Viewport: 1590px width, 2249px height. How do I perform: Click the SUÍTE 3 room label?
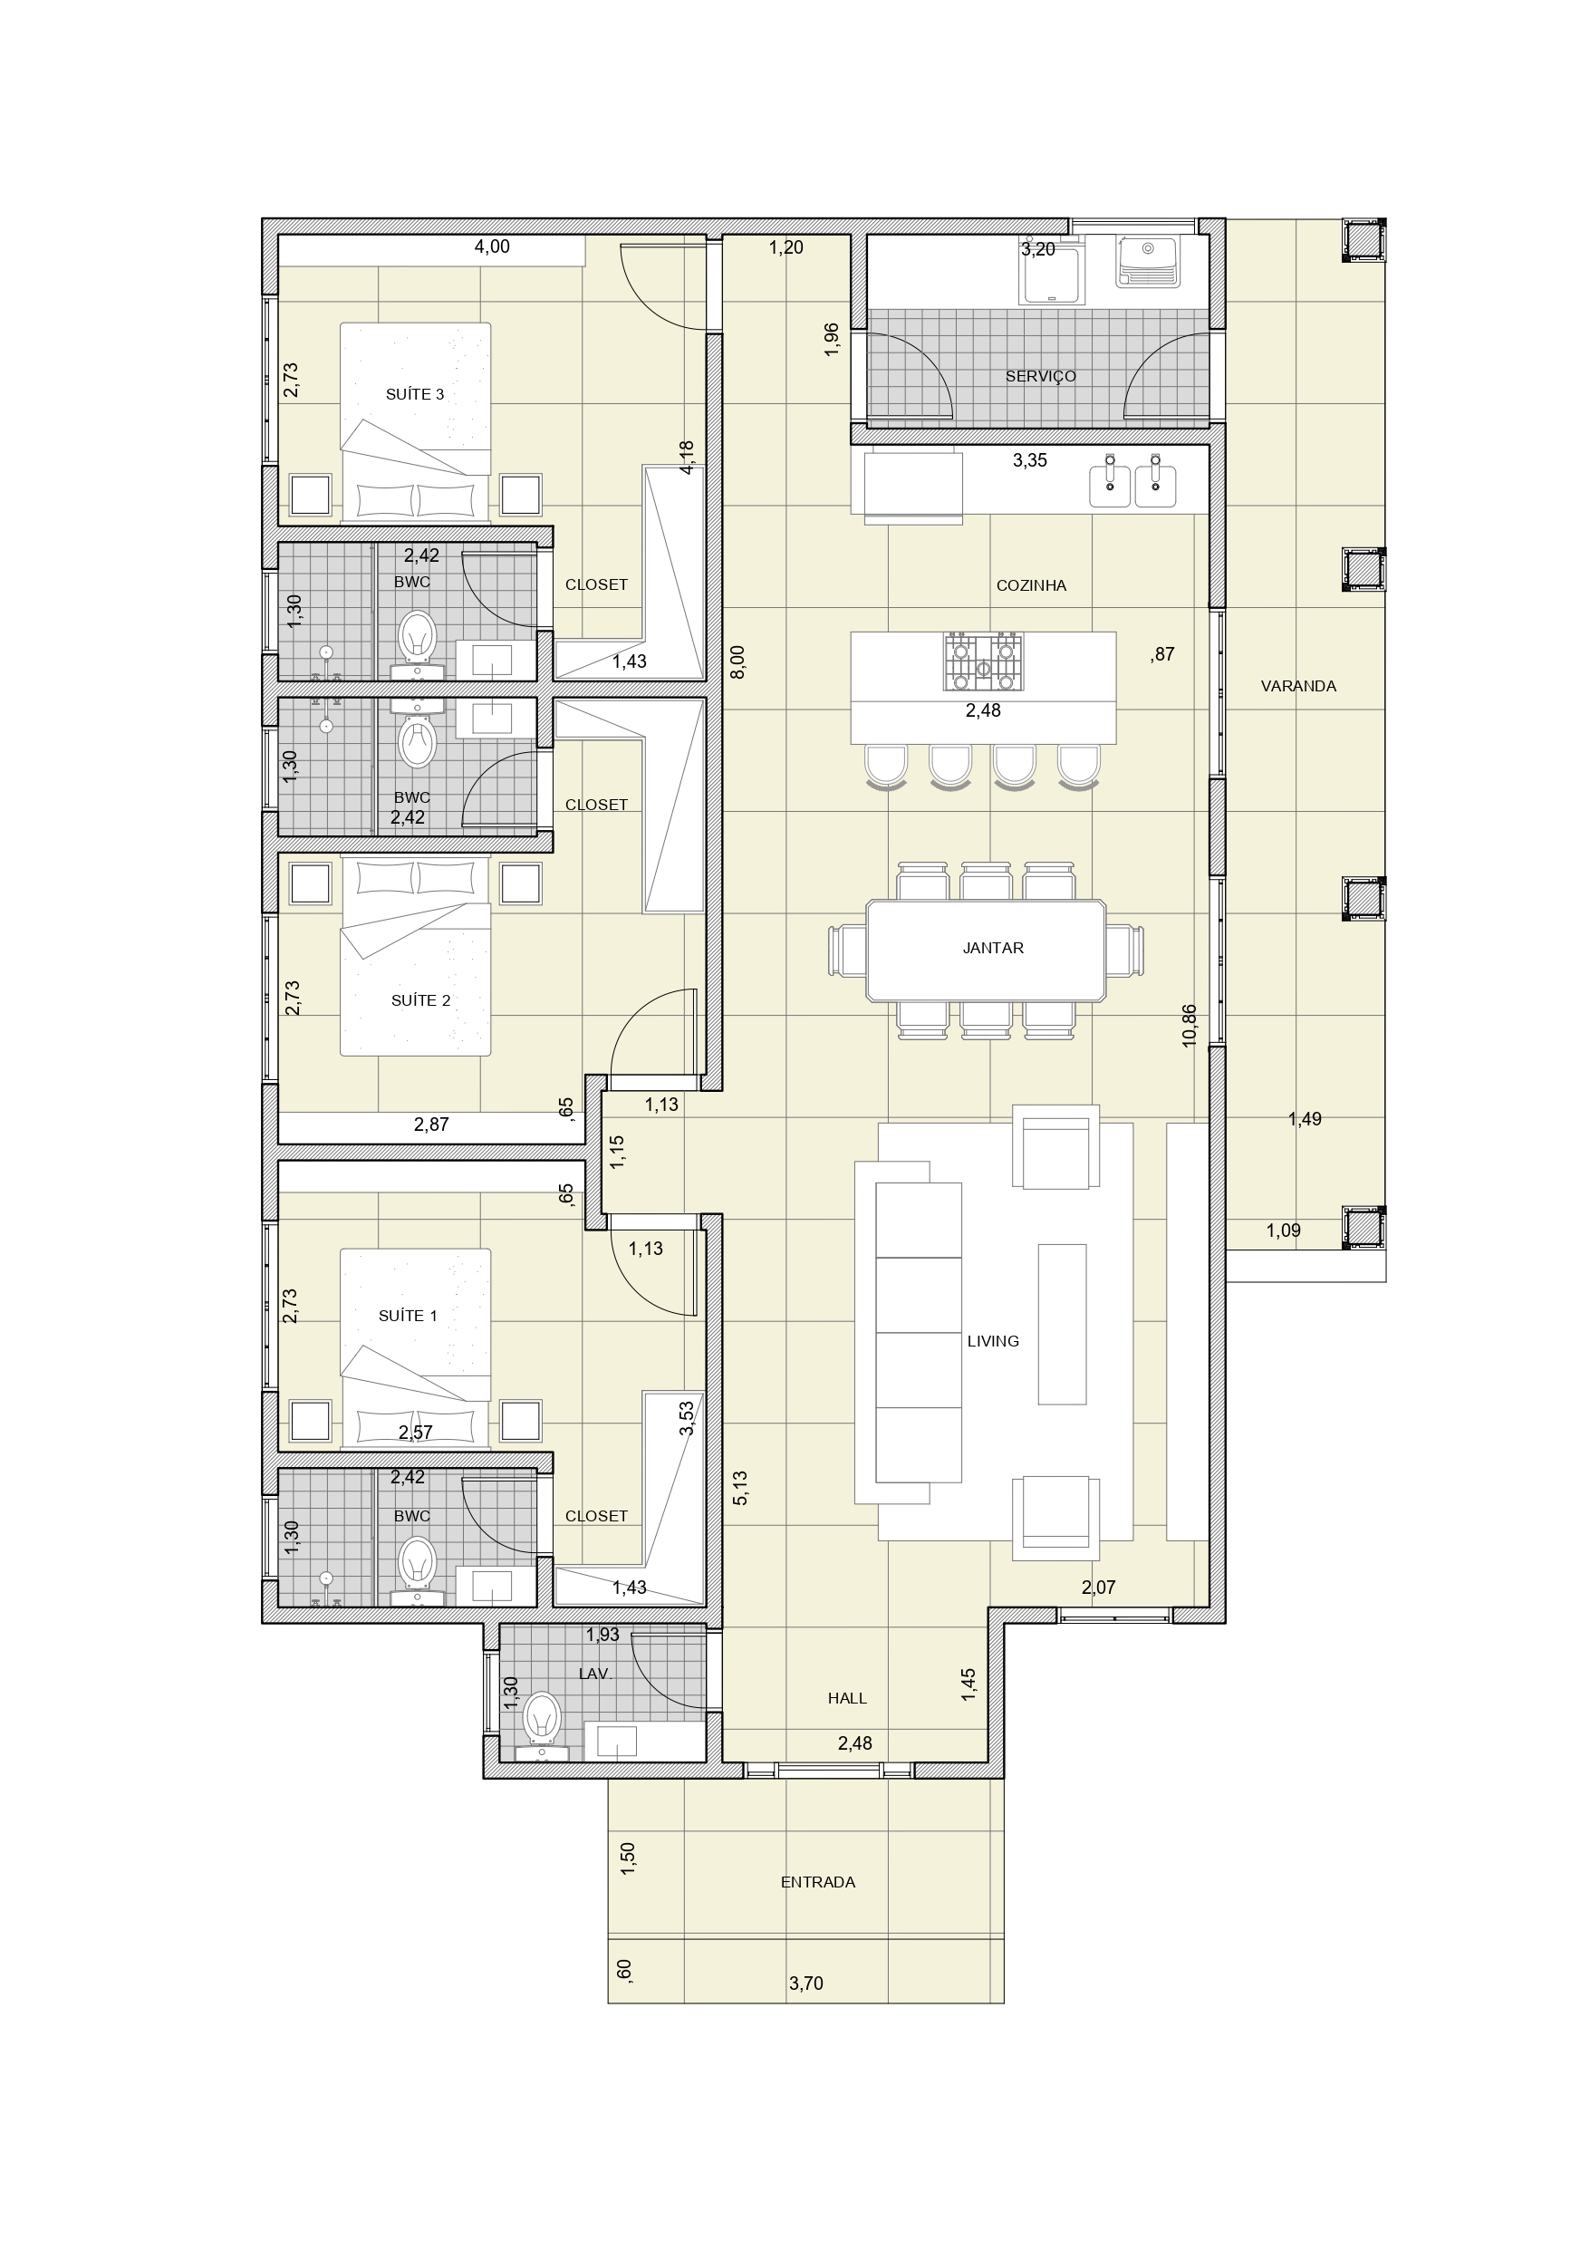[x=414, y=394]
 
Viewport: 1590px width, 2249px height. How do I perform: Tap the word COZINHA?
[x=1031, y=585]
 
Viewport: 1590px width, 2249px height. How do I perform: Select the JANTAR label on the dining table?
[x=992, y=948]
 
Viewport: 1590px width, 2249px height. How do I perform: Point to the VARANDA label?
[x=1298, y=687]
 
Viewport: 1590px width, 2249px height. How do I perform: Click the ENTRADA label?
[x=818, y=1882]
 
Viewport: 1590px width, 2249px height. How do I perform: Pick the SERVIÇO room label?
[x=1040, y=376]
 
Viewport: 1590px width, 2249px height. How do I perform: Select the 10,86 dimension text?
[x=1190, y=1026]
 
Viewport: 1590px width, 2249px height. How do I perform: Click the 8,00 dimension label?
[x=737, y=662]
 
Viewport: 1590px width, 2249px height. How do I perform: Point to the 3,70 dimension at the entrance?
[x=805, y=1984]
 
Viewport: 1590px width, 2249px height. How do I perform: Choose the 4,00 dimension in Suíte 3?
[x=492, y=246]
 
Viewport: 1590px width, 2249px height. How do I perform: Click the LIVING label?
[x=992, y=1341]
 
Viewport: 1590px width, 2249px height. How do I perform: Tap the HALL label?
[x=846, y=1698]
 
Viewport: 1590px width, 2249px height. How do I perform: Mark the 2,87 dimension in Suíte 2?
[x=431, y=1124]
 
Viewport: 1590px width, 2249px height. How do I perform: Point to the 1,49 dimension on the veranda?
[x=1304, y=1119]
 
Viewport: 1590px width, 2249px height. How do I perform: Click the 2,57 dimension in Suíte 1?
[x=415, y=1432]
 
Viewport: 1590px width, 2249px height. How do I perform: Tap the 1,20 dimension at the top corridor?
[x=785, y=247]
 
